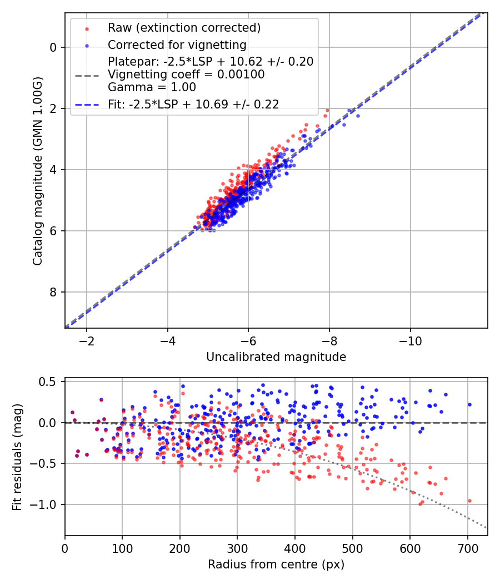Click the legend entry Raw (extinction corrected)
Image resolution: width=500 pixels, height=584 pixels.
tap(176, 28)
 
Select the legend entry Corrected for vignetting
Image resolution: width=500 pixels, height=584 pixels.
tap(177, 44)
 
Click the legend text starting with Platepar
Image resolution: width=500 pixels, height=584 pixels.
tap(211, 62)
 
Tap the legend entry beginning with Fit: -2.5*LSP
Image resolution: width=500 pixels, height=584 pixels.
tap(193, 104)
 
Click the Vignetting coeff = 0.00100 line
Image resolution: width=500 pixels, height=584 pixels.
tap(186, 75)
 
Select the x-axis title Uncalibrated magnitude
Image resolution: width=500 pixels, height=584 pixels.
tap(276, 357)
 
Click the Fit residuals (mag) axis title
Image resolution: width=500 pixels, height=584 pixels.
tap(17, 457)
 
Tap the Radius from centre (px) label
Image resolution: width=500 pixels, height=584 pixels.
tap(276, 565)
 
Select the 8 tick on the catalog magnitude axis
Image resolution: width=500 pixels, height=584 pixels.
tap(53, 292)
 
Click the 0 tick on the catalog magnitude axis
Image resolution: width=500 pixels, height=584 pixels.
tap(53, 47)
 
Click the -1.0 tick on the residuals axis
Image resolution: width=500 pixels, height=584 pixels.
tap(46, 504)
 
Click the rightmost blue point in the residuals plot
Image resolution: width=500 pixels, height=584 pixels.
tap(469, 404)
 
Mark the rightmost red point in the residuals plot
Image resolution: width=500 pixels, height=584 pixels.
tap(469, 501)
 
